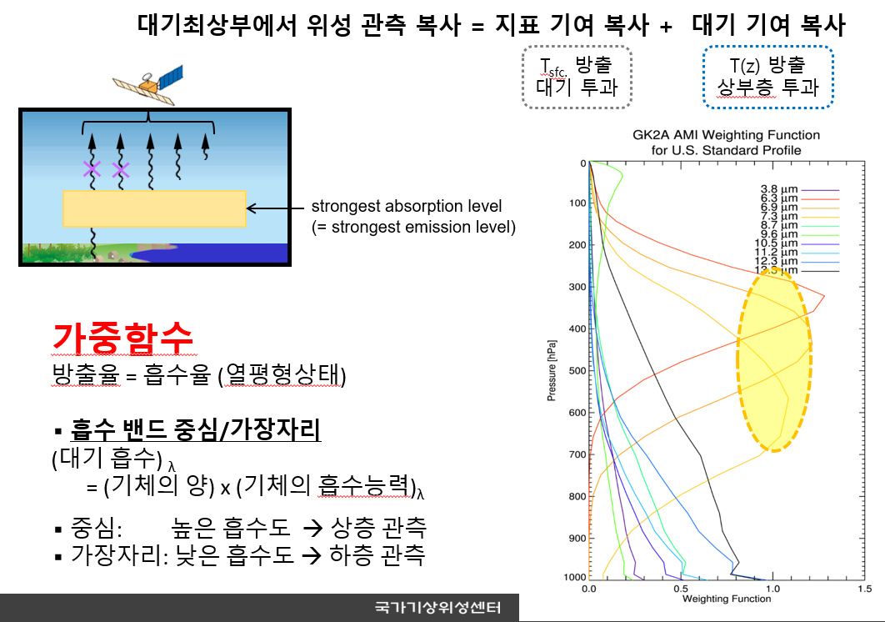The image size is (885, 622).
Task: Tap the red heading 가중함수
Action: (x=123, y=338)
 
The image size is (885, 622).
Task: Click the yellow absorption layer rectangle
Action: (x=155, y=209)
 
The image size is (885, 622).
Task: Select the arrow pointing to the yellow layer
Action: (x=275, y=208)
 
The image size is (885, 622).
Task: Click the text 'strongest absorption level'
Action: (x=407, y=206)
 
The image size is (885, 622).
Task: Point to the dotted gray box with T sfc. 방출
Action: (x=577, y=77)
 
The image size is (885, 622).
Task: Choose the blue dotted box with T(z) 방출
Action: (x=767, y=77)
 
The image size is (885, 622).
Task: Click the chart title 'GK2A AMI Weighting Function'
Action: (x=726, y=135)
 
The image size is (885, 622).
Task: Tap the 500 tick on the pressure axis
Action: (x=577, y=370)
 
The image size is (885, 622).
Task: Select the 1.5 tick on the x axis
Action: (x=865, y=589)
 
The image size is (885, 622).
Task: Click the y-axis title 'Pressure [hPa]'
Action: (x=552, y=370)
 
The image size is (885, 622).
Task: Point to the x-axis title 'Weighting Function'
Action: (x=727, y=599)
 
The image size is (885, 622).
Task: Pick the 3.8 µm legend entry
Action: (x=799, y=190)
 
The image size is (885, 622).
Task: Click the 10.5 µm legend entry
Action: (x=797, y=244)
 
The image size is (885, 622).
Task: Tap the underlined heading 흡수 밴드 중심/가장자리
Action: (x=195, y=429)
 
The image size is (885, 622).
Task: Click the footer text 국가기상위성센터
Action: (x=438, y=608)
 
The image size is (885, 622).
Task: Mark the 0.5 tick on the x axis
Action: (x=681, y=589)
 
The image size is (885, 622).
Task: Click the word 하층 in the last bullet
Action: (x=351, y=554)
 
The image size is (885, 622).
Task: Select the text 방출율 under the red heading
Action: (x=86, y=374)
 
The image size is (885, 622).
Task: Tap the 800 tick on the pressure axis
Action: (x=577, y=497)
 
